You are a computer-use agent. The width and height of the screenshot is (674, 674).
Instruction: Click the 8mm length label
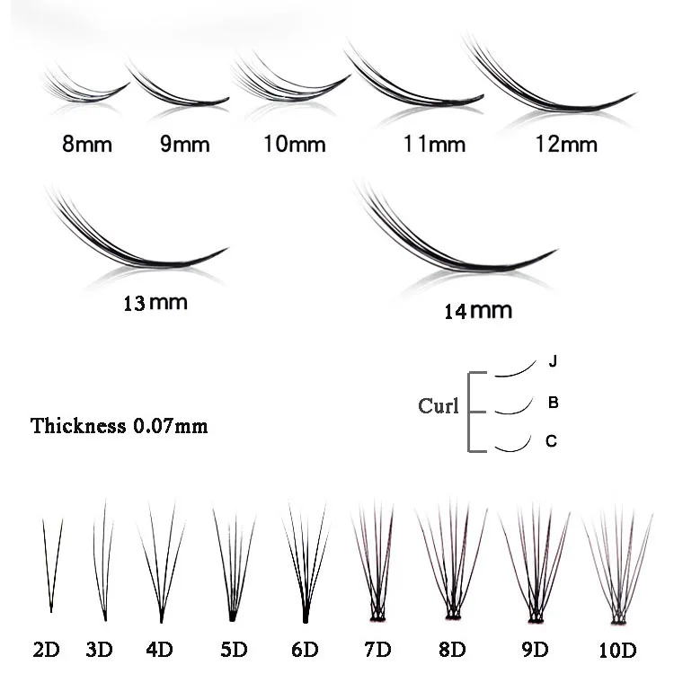coord(87,144)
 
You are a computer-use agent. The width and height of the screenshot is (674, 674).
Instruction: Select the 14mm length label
coord(477,311)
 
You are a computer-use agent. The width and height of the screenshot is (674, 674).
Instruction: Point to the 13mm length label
coord(155,302)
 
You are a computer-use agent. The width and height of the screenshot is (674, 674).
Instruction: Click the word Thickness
coord(78,425)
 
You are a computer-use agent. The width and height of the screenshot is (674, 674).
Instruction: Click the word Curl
coord(439,405)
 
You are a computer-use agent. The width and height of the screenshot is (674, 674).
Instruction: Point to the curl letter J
coord(554,362)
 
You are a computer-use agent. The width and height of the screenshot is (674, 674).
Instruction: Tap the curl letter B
coord(554,403)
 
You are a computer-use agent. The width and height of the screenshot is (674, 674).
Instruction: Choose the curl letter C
coord(552,440)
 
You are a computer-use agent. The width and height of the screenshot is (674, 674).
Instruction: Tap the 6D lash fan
coord(303,566)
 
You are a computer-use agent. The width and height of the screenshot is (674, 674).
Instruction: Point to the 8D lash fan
coord(451,566)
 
